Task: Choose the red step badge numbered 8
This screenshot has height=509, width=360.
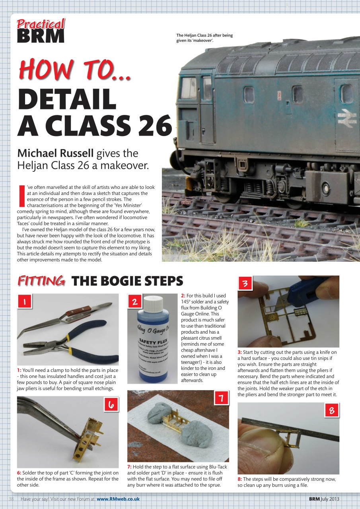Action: pos(331,410)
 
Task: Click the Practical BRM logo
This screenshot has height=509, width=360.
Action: pos(41,31)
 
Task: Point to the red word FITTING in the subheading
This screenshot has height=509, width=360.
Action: pos(41,281)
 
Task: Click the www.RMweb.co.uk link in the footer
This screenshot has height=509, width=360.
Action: pos(118,499)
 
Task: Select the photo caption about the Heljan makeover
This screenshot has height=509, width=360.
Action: pos(204,38)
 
